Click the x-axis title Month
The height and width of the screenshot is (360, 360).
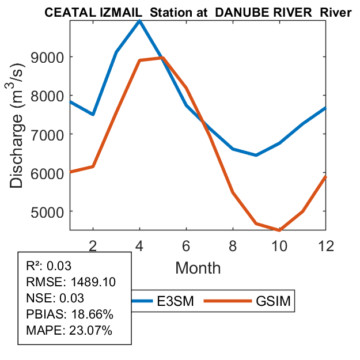tap(198, 267)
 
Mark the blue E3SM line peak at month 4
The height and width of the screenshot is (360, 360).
tap(139, 20)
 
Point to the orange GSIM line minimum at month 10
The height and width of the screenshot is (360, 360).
tap(279, 230)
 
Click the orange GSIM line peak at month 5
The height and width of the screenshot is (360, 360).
tap(162, 58)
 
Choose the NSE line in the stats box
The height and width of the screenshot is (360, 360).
tap(55, 298)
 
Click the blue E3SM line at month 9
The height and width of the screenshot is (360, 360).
tap(256, 155)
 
